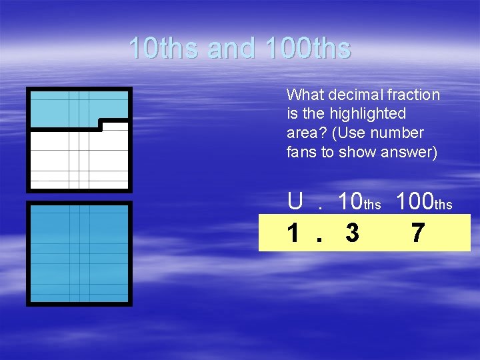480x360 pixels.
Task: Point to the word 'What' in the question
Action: [304, 95]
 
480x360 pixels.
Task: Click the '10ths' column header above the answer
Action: [359, 201]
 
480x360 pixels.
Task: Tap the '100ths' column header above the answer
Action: [425, 201]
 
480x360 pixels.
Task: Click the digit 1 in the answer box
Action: [293, 233]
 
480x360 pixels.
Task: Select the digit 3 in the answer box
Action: [353, 233]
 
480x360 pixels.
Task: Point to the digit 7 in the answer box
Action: [417, 233]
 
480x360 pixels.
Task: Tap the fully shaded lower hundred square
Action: [79, 253]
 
